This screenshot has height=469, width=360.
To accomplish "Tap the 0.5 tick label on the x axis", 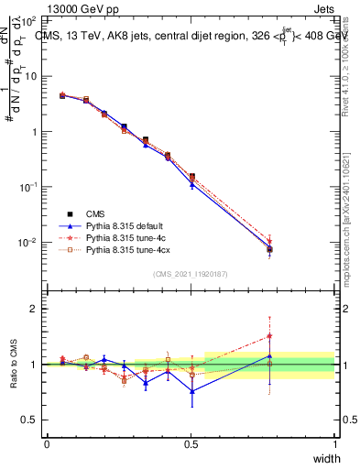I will coord(191,443).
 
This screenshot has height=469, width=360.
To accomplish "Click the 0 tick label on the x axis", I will coord(47,443).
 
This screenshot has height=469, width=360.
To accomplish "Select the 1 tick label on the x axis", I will coord(334,443).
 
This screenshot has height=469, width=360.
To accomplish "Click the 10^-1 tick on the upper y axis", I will coord(31,187).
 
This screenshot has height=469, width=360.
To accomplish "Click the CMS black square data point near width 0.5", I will coord(191,176).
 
